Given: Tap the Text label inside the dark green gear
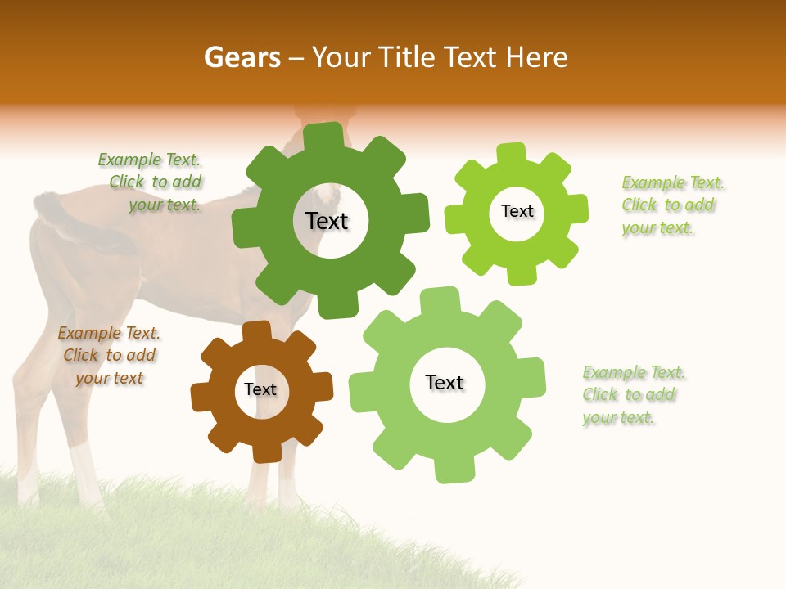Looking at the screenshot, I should (x=327, y=221).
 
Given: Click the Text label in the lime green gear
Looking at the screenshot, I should (x=517, y=211).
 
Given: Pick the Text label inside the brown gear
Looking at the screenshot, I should (x=260, y=390).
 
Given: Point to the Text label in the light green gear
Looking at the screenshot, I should (x=445, y=382).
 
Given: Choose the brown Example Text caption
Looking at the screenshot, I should (x=109, y=356).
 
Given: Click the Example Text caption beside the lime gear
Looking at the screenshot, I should (x=672, y=205).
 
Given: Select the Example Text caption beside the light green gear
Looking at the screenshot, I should (x=633, y=395).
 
